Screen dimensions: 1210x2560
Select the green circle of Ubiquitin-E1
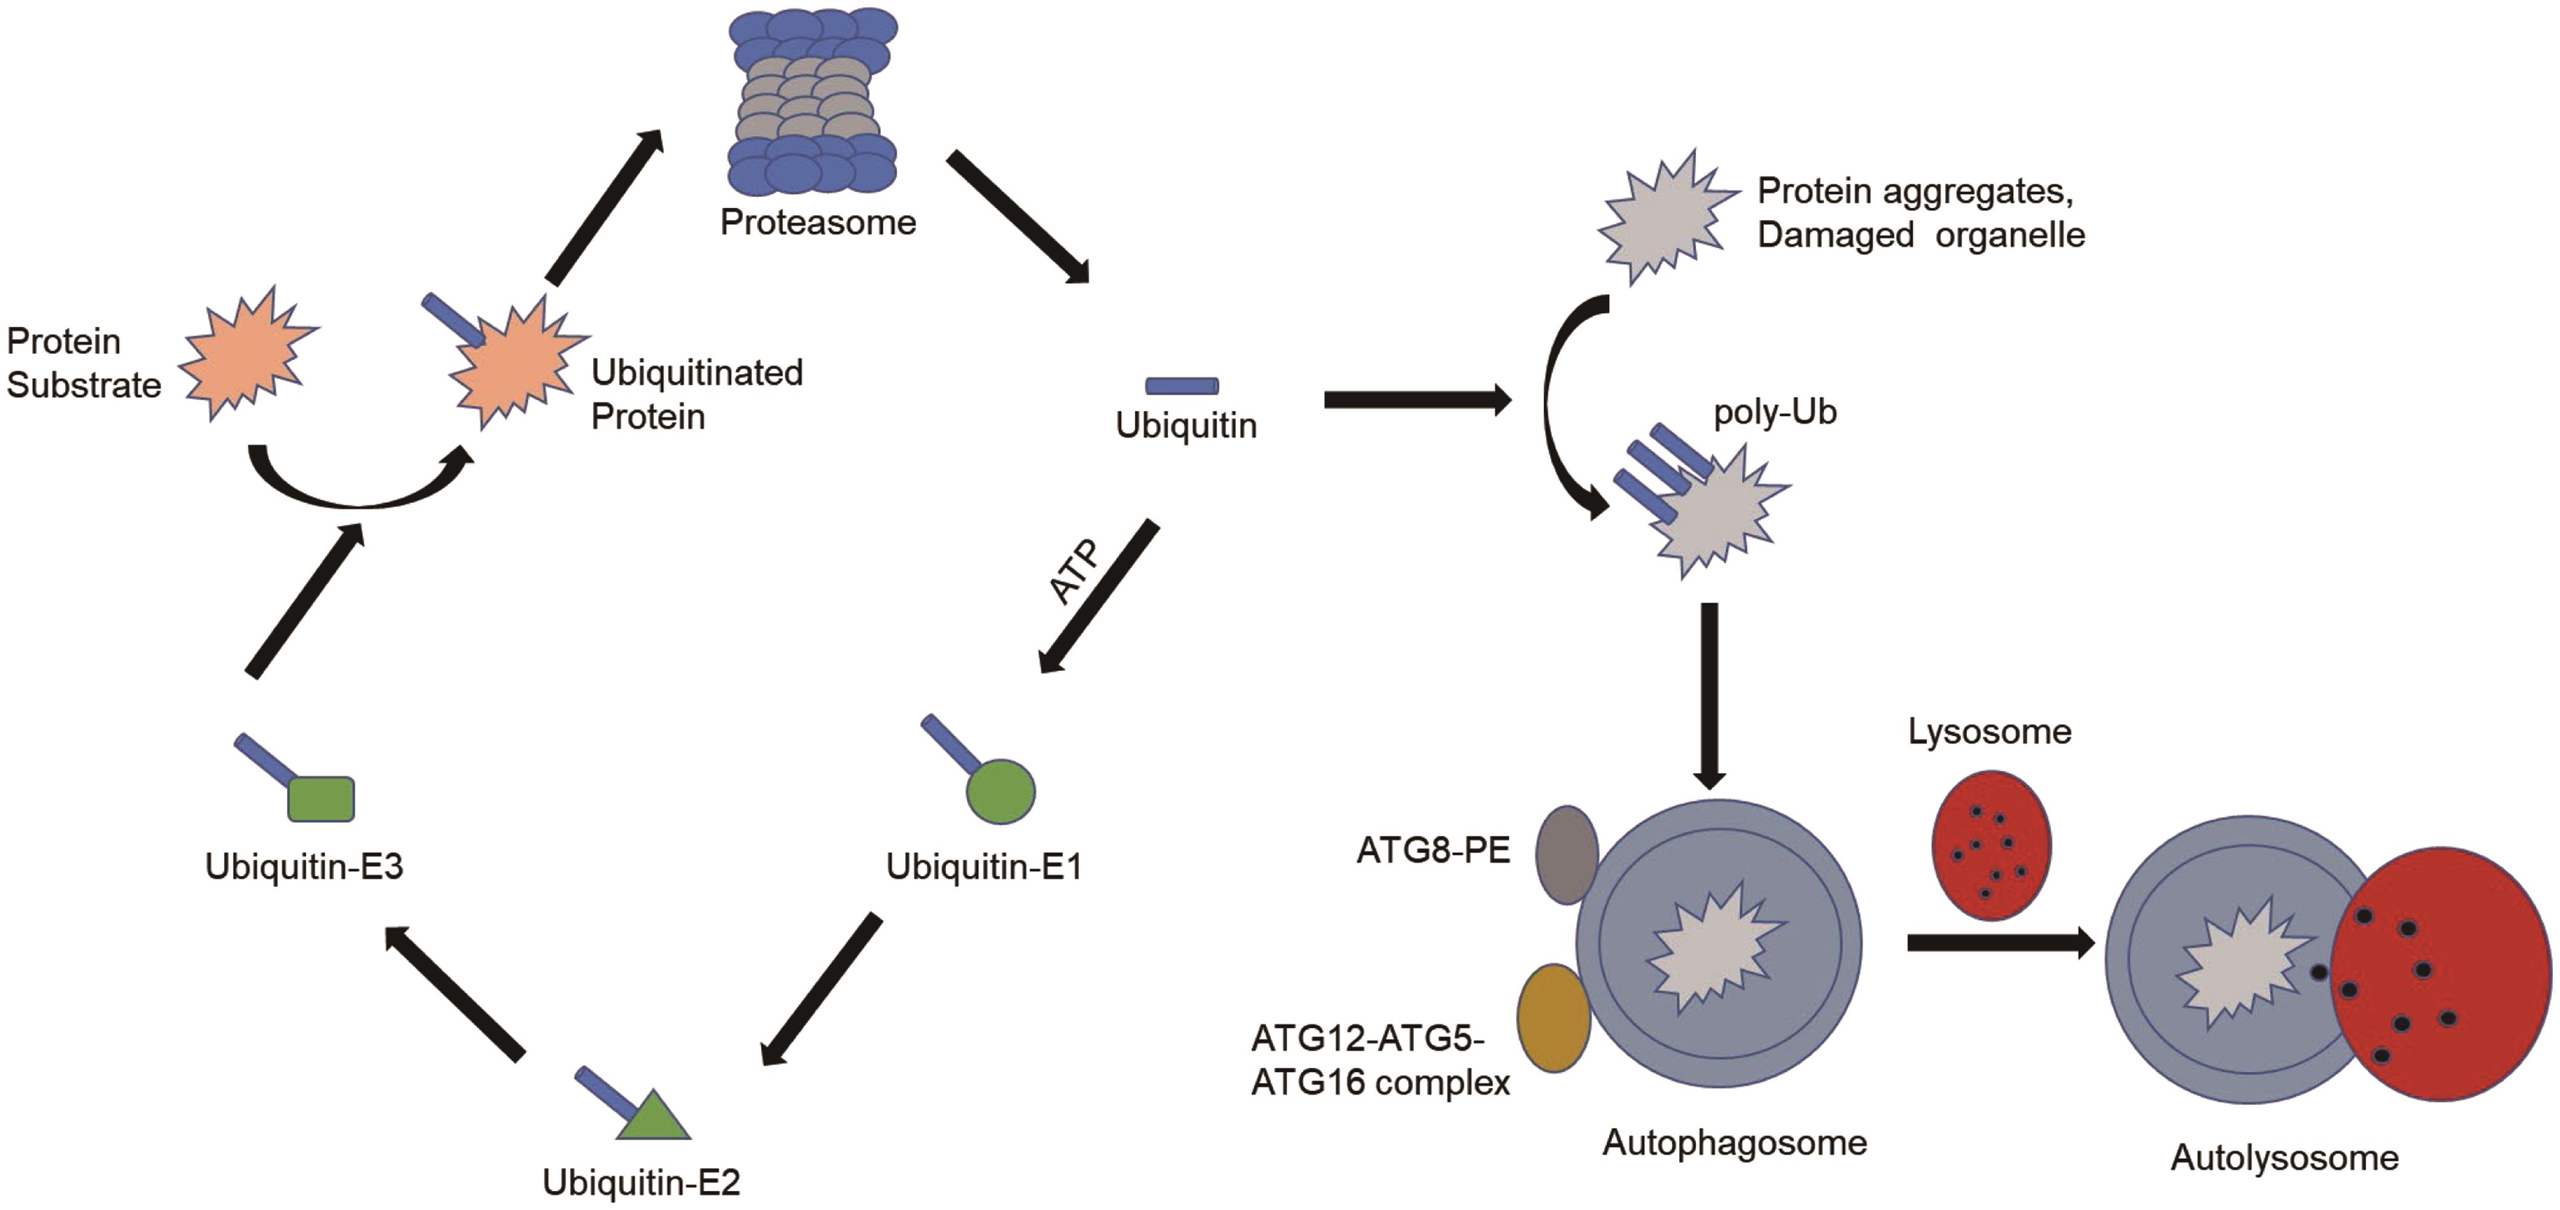(1001, 791)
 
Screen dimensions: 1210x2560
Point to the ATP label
(1075, 572)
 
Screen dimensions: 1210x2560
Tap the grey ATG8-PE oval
(1566, 854)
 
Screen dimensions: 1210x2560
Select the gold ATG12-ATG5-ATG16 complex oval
(1553, 1017)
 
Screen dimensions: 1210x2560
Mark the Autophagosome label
(1734, 1142)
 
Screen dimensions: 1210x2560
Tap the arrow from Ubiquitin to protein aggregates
(1416, 400)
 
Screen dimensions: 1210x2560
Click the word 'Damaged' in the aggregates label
(1835, 236)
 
